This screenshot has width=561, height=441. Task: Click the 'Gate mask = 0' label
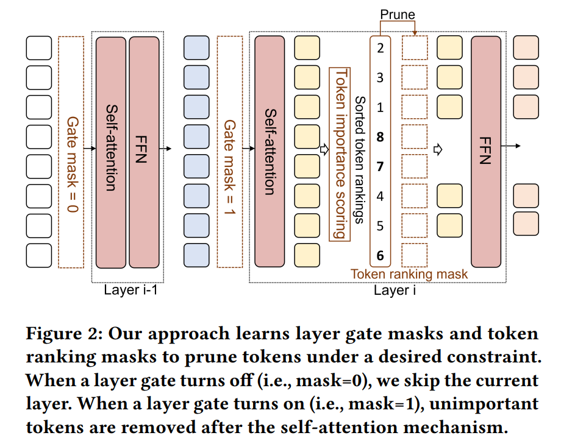(x=73, y=164)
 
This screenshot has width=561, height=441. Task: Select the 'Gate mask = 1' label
(x=230, y=167)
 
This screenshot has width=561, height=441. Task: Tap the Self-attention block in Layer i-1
(x=111, y=152)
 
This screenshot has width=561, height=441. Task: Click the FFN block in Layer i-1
(x=144, y=152)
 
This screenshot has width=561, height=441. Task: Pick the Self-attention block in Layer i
(x=270, y=152)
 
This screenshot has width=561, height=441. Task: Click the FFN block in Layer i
(x=486, y=152)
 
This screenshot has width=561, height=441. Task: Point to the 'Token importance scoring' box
(x=340, y=154)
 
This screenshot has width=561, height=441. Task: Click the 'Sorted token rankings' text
(x=360, y=160)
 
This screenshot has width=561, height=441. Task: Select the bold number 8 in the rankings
(x=380, y=137)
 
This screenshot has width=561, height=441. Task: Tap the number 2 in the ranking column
(x=380, y=48)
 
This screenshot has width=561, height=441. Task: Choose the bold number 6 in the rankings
(x=380, y=255)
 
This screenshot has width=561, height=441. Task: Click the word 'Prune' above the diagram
(x=398, y=14)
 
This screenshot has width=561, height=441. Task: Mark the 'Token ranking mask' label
(x=409, y=274)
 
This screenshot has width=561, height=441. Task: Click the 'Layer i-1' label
(x=130, y=290)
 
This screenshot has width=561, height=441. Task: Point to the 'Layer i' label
(x=395, y=290)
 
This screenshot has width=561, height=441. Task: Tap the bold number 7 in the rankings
(x=380, y=166)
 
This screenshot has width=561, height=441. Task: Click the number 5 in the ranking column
(x=380, y=226)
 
